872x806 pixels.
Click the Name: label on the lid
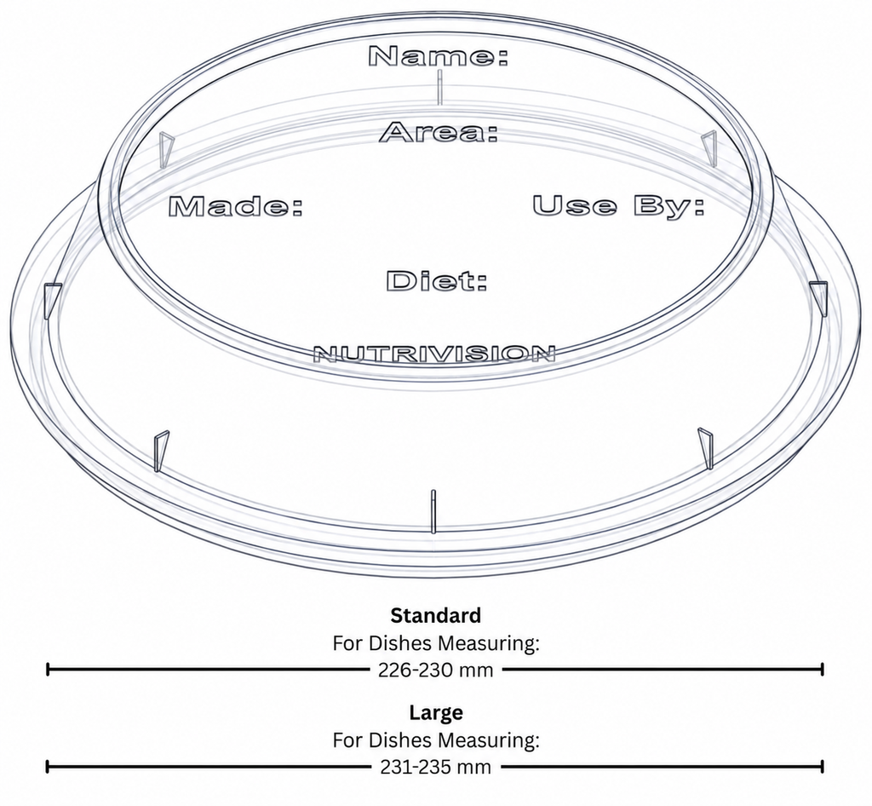(439, 57)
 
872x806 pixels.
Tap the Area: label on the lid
(439, 133)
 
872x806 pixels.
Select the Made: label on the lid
(236, 207)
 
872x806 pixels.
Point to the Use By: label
(619, 205)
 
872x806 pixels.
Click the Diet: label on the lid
(437, 281)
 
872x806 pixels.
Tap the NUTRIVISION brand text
(434, 354)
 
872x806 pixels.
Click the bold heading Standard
(435, 616)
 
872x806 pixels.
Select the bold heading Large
(436, 712)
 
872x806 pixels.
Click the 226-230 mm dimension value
(435, 670)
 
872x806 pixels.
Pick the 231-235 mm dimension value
(435, 767)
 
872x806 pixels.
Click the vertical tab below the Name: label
(439, 87)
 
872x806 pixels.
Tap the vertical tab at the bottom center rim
(433, 511)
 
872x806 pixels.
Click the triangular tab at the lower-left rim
(161, 451)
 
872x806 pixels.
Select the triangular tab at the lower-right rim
(706, 448)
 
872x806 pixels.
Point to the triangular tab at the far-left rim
(51, 301)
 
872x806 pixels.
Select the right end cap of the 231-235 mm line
(822, 767)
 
